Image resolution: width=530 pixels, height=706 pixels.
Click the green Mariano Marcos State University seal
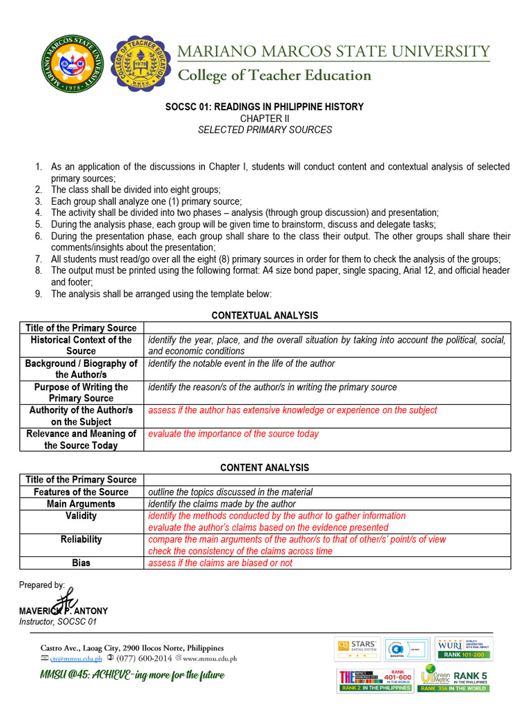(x=72, y=66)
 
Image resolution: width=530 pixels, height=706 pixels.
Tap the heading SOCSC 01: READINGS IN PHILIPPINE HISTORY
(x=265, y=107)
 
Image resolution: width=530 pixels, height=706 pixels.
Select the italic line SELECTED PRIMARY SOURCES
(x=265, y=130)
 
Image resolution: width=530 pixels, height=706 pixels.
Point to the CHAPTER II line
(x=265, y=119)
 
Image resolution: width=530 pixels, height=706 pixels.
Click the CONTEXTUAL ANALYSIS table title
(x=265, y=315)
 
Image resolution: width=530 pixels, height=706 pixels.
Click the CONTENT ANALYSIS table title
(x=265, y=467)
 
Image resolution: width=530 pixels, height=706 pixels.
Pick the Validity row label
(x=81, y=516)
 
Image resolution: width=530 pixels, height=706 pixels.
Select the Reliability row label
(x=81, y=539)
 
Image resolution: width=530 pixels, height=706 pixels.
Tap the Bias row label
(x=81, y=563)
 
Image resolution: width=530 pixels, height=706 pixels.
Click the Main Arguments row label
(x=81, y=504)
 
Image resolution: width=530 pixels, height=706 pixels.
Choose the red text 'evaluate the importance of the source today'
(x=233, y=434)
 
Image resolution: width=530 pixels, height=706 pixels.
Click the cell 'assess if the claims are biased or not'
(x=220, y=563)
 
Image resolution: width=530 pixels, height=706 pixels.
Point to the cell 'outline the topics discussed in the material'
(x=230, y=492)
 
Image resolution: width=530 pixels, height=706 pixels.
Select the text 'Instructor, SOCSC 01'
(x=58, y=622)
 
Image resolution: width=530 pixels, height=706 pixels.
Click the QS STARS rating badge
(x=357, y=648)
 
